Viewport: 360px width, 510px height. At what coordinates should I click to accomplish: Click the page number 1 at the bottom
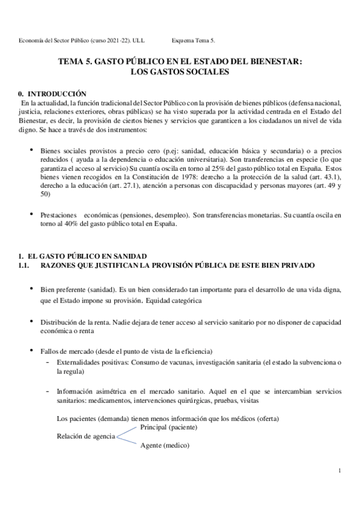point(340,470)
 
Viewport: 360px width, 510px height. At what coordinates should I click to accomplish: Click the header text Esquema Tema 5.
point(193,40)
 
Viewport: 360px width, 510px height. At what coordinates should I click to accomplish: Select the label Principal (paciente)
point(168,428)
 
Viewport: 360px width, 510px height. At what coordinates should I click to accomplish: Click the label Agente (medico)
point(165,446)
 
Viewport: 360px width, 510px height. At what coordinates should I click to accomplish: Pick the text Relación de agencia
point(85,437)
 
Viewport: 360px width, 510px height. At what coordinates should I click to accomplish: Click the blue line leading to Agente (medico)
point(127,441)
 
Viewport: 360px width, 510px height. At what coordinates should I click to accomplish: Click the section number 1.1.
point(26,265)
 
